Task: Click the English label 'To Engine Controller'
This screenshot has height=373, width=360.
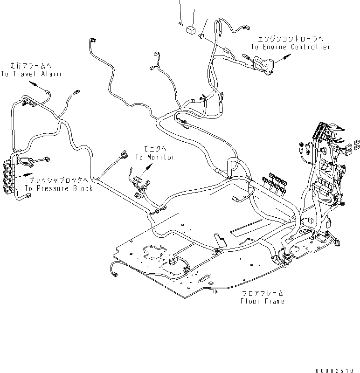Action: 290,47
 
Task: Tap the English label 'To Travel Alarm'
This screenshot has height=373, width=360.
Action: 31,74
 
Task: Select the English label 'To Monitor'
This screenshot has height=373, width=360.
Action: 155,157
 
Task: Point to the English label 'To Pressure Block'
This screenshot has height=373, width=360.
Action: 58,188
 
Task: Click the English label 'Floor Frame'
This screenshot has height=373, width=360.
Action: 262,301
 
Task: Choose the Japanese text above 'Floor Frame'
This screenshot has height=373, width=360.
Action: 262,294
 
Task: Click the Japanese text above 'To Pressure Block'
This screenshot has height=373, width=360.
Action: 58,180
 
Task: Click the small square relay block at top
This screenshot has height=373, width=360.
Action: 190,30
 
